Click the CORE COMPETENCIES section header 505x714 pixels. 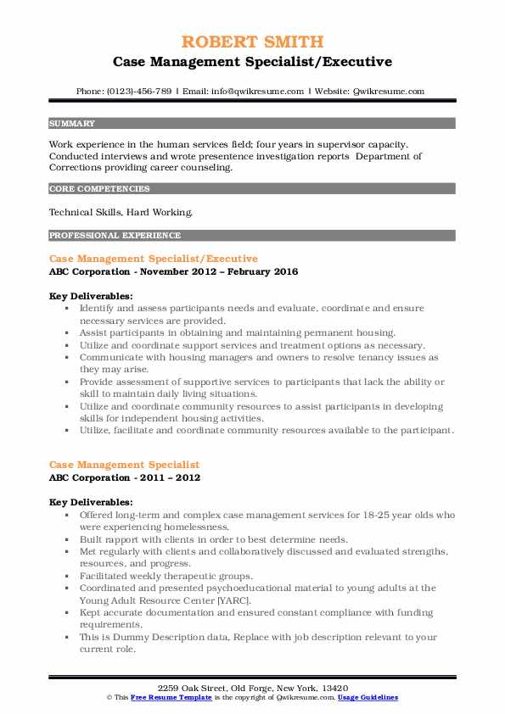pos(99,189)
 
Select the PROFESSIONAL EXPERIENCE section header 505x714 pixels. pos(114,235)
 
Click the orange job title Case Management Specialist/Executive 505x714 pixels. pos(154,258)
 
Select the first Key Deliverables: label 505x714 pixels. pos(91,296)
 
